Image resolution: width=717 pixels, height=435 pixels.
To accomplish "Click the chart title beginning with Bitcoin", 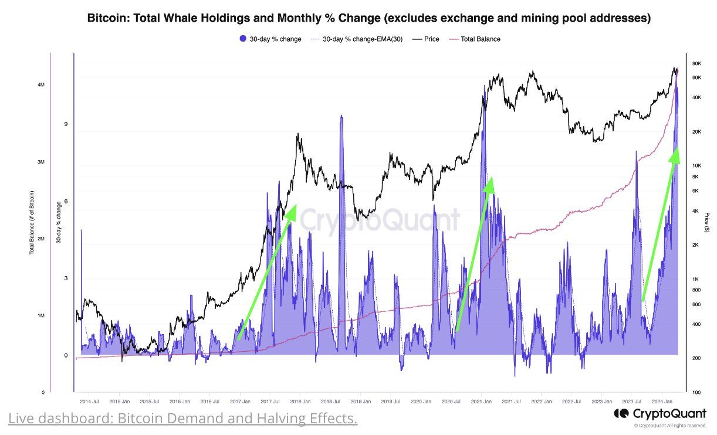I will click(x=368, y=18).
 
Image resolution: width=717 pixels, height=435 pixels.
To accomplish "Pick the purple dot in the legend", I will click(x=243, y=39).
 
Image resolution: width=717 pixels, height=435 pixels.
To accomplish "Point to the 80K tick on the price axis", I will click(x=697, y=63).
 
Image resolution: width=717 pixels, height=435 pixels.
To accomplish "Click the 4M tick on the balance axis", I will click(x=40, y=85).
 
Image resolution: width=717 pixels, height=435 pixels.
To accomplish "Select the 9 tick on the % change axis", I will click(x=66, y=124).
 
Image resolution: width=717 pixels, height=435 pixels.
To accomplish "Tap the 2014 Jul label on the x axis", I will click(x=89, y=402).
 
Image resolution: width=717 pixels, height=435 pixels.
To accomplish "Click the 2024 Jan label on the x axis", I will click(x=662, y=402).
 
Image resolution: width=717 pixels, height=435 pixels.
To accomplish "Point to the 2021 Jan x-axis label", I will click(x=481, y=402).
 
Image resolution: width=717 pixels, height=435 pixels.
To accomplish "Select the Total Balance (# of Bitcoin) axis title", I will click(x=32, y=223).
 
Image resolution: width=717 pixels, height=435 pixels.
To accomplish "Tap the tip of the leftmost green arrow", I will click(x=295, y=206).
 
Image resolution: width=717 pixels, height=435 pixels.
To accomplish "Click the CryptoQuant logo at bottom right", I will click(x=660, y=414).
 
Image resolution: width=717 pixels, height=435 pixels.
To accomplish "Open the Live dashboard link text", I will click(x=182, y=419).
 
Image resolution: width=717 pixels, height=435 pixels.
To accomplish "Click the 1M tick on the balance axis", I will click(x=40, y=316).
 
